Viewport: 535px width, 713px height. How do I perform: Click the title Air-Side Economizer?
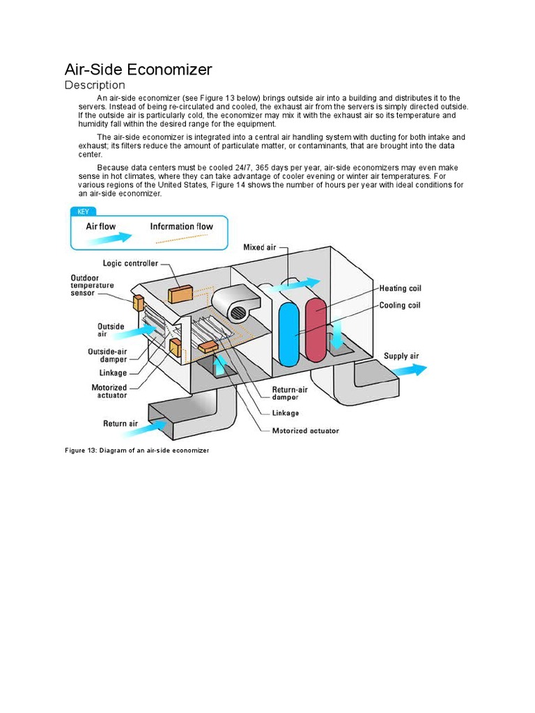coord(138,70)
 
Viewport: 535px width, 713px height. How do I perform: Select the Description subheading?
coord(95,86)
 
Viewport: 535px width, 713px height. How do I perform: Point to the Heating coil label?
coord(400,288)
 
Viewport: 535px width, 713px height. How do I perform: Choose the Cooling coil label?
coord(400,305)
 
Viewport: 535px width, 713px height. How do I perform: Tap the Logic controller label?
coord(130,263)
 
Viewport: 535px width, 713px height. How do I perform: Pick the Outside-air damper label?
coord(107,355)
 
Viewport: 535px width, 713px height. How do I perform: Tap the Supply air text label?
coord(401,356)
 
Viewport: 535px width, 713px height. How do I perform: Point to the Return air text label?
coord(121,423)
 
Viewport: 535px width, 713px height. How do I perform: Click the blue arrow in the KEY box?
coord(108,238)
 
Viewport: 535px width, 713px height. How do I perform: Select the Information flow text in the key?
coord(181,226)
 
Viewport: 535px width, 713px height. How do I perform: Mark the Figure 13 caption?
coord(137,450)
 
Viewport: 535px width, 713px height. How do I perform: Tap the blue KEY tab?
coord(83,212)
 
